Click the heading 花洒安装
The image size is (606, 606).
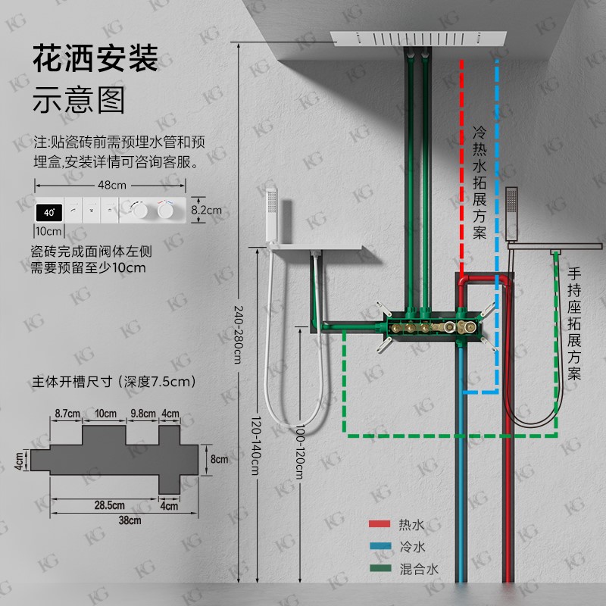[95, 59]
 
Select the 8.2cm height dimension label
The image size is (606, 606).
[207, 210]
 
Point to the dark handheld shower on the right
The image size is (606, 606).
[513, 211]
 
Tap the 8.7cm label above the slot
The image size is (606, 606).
[67, 414]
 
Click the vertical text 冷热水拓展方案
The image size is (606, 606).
[479, 182]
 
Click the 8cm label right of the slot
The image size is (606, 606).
[219, 459]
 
